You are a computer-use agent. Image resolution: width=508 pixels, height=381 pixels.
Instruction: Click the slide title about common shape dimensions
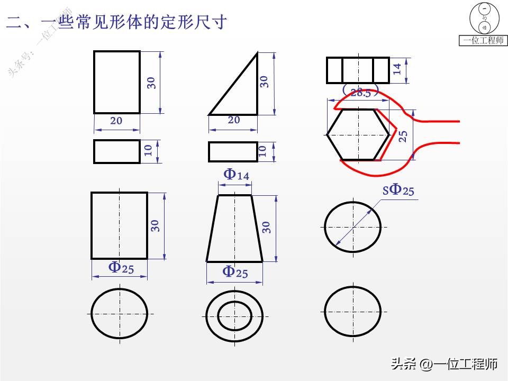[116, 22]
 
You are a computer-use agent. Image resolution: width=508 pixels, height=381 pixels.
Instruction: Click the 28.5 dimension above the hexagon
[360, 93]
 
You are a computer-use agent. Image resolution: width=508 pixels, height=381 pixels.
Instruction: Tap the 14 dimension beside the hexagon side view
[397, 69]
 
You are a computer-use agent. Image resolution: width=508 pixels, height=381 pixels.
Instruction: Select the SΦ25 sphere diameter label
[399, 190]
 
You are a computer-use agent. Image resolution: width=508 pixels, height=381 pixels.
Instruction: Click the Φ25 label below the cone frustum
[235, 272]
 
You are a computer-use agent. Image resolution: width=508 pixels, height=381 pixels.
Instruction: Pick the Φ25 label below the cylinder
[121, 268]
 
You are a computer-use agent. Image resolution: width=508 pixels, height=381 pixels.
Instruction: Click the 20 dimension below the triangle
[233, 120]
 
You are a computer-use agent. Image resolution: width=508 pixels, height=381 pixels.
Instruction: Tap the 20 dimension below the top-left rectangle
[116, 121]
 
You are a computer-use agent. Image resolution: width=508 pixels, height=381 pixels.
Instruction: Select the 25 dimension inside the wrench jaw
[403, 136]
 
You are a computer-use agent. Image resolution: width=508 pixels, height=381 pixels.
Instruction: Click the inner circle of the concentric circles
[235, 315]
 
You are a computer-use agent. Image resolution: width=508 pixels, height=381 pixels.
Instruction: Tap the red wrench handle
[439, 131]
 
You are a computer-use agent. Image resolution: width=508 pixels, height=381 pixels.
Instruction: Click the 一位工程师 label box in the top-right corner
[483, 40]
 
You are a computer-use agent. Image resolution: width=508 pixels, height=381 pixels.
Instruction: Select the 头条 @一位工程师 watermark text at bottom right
[444, 364]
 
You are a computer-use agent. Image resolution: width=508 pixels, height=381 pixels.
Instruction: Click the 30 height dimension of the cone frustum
[267, 227]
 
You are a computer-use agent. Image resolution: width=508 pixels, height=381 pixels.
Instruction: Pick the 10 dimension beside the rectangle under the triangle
[262, 151]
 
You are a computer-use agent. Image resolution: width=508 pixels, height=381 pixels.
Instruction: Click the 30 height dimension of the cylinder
[155, 225]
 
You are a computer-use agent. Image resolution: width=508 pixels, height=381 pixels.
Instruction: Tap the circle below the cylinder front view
[119, 313]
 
